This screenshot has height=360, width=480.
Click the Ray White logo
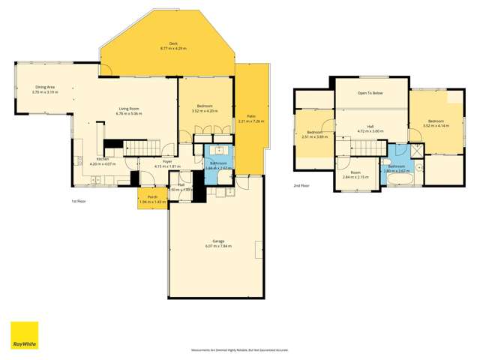[24, 336]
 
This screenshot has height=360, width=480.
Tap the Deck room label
[167, 45]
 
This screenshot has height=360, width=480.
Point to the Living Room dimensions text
[130, 114]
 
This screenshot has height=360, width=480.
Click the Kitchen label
[100, 159]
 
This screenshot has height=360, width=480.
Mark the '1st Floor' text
[79, 202]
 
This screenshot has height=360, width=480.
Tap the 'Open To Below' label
[370, 94]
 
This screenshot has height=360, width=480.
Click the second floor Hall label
[370, 127]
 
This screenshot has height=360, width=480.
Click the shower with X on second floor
[419, 164]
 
